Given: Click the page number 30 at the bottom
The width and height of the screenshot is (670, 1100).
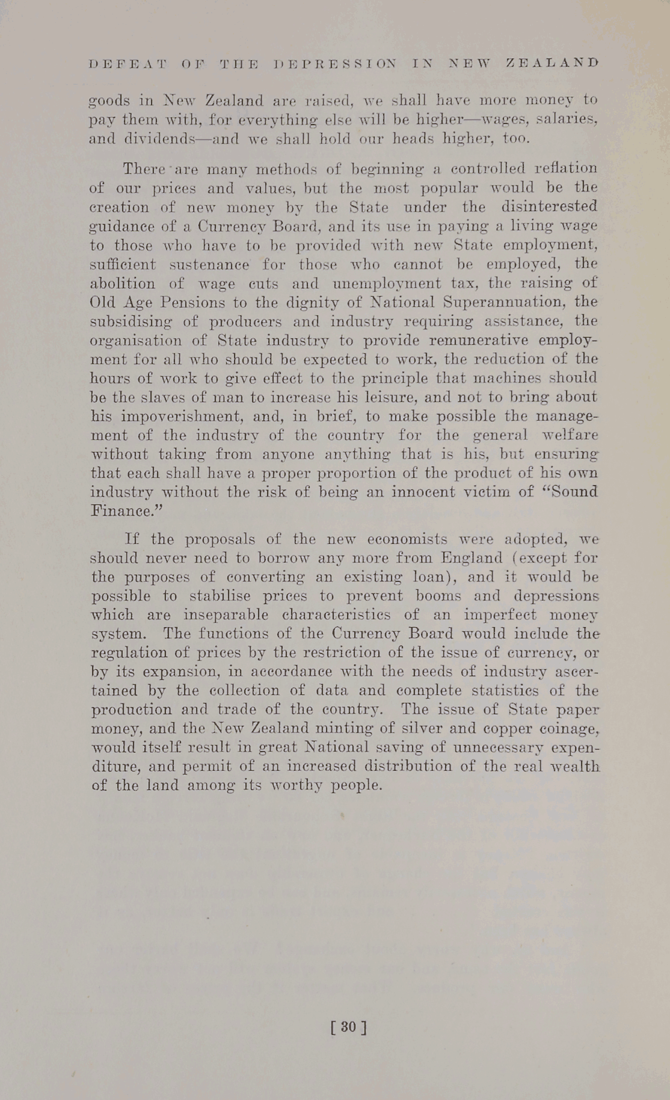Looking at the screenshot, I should [348, 1026].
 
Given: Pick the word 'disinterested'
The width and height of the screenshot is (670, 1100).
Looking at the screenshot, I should [549, 206].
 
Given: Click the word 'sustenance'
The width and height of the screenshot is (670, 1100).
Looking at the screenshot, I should [207, 264].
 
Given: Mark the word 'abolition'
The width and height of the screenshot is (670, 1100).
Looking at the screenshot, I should [122, 283].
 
